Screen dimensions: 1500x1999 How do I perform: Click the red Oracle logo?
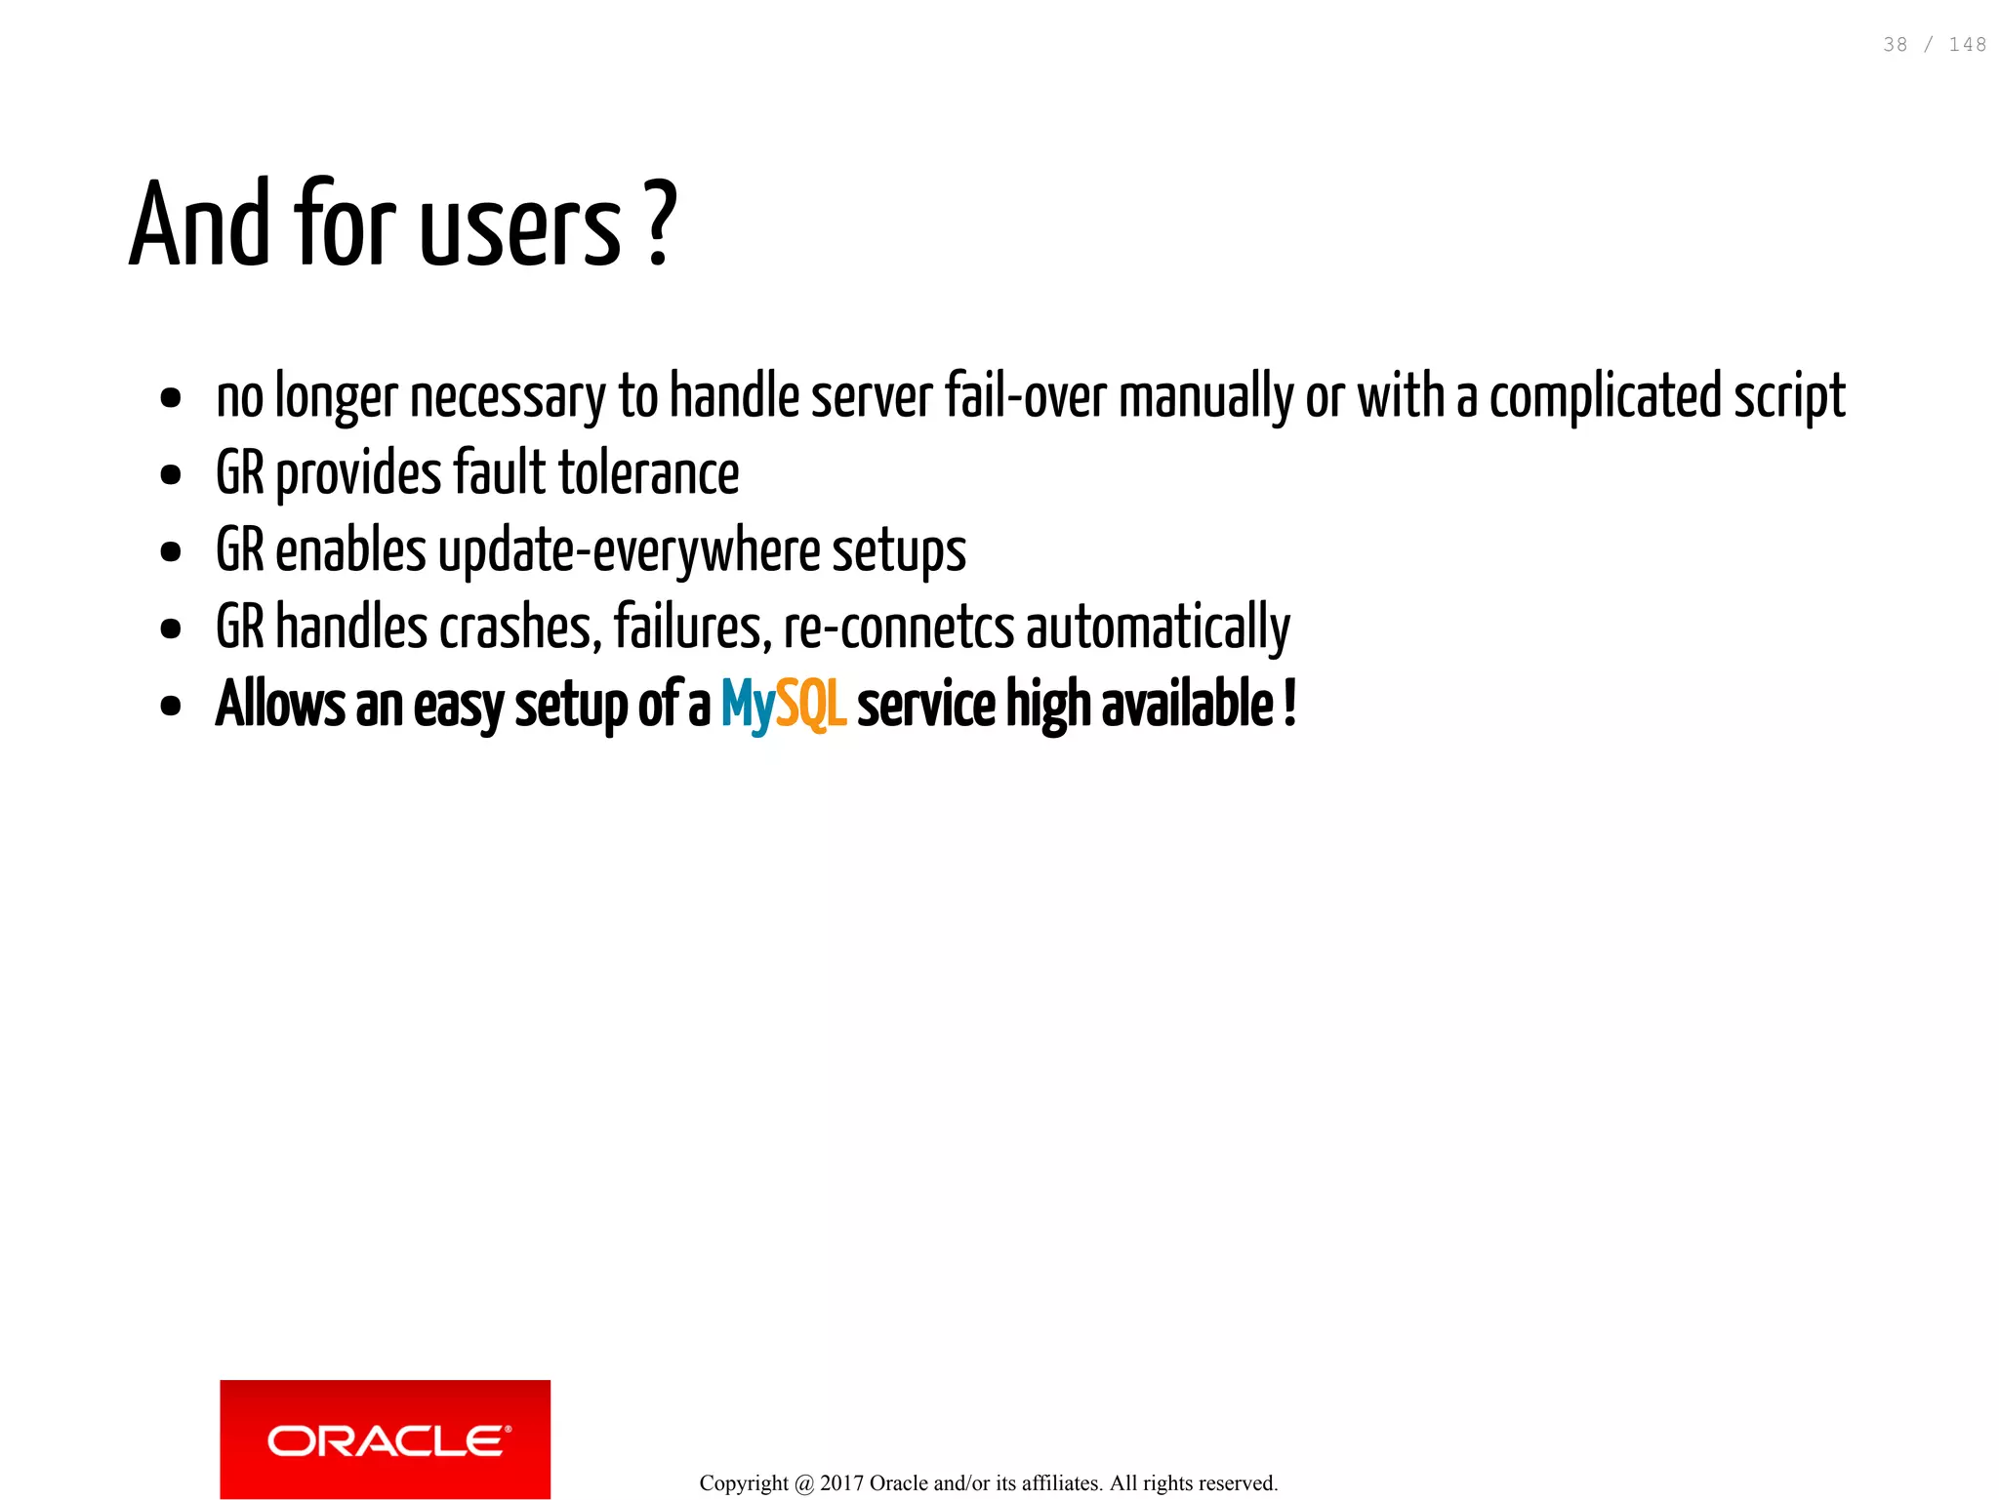point(385,1439)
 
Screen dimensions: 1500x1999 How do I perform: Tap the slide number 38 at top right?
point(1895,45)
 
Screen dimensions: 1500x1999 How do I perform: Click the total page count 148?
point(1967,45)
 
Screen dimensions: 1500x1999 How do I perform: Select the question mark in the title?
point(661,224)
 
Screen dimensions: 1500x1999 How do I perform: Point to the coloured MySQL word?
point(783,705)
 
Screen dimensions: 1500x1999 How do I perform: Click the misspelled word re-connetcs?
point(899,628)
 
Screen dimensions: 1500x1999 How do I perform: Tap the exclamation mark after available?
point(1289,703)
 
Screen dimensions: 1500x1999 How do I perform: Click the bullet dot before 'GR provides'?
point(171,475)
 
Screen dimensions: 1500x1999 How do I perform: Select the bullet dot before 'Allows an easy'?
point(171,706)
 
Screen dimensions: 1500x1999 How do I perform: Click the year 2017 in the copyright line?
point(840,1483)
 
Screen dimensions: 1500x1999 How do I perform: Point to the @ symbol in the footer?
point(804,1483)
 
